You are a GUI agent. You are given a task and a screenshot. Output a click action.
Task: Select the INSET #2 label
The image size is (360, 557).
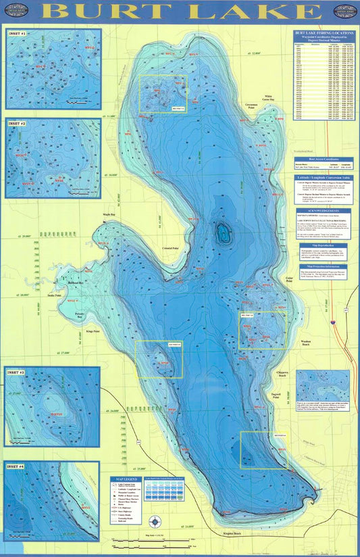click(x=17, y=124)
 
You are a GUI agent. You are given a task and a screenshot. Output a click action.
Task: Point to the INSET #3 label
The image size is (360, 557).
click(x=16, y=372)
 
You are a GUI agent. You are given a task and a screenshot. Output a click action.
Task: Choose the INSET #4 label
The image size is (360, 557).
click(x=16, y=466)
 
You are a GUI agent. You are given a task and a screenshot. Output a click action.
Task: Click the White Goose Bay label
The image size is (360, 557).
click(x=272, y=97)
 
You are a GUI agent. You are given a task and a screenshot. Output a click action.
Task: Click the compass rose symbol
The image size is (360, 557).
click(x=157, y=520)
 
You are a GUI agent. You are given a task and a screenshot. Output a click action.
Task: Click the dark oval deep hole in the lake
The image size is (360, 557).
click(x=223, y=235)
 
